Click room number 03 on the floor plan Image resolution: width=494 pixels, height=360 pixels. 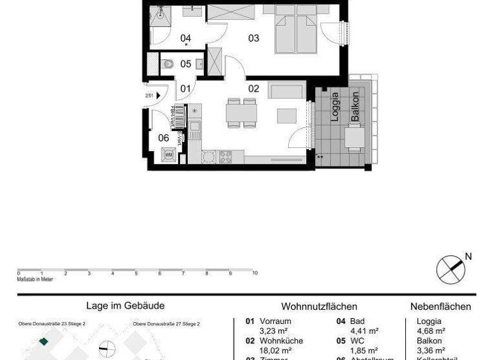254,38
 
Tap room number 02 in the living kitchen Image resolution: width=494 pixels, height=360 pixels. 253,88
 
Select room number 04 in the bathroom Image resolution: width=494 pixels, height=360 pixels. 186,38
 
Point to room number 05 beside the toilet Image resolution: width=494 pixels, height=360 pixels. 186,64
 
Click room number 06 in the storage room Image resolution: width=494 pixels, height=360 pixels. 163,137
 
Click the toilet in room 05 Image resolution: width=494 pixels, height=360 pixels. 168,63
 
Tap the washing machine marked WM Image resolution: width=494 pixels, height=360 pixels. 169,155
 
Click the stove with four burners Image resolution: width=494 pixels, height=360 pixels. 226,156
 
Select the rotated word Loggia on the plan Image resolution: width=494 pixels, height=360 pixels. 334,107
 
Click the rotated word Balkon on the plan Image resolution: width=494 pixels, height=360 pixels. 354,107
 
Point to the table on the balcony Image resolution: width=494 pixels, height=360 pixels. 352,137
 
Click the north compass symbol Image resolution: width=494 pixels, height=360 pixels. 450,269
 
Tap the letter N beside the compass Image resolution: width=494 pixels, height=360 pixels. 468,256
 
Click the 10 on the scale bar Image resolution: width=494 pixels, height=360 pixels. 255,273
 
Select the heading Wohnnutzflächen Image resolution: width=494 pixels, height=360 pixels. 319,307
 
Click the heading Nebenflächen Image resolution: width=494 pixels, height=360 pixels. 441,307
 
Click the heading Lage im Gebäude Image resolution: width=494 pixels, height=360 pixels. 125,306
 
